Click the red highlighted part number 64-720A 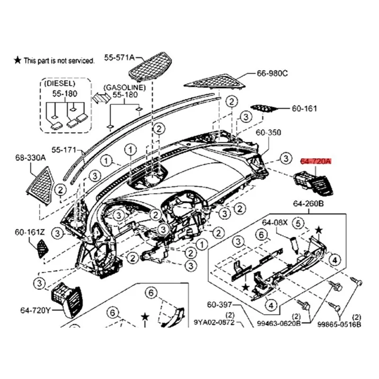(316, 162)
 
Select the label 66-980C (272, 74)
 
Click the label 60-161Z (29, 232)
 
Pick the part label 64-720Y (36, 311)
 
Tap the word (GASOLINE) (125, 87)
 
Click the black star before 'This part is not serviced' (18, 60)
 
